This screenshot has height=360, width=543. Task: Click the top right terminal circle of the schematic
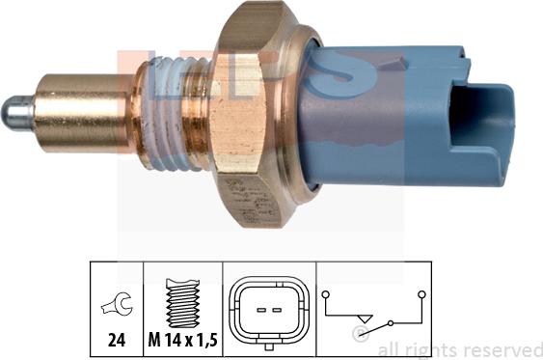coord(422,292)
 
